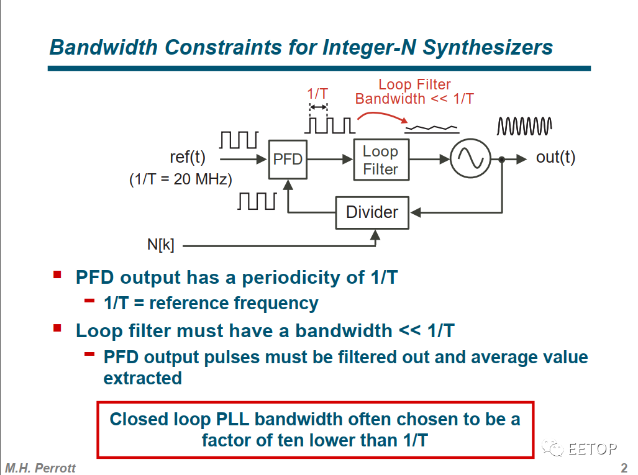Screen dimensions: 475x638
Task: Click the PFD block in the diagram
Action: pos(288,160)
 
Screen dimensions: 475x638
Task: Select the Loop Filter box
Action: pos(381,160)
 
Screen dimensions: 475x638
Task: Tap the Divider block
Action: pos(372,212)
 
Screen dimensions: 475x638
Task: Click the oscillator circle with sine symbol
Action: pos(470,160)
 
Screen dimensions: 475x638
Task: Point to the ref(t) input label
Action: pos(188,158)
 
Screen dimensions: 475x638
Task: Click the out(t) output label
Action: pos(555,158)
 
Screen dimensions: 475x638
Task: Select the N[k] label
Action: pos(160,245)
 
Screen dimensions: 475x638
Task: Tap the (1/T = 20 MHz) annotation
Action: pos(180,180)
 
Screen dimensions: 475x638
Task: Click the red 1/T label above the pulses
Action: pos(317,94)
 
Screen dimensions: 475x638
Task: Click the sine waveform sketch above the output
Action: pos(524,126)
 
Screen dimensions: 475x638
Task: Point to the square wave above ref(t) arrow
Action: pos(239,140)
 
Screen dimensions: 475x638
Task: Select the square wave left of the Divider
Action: pos(257,201)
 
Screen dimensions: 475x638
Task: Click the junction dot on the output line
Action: pos(501,160)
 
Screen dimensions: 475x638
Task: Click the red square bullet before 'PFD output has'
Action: pos(58,274)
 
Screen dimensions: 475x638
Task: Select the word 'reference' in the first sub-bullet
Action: pos(189,303)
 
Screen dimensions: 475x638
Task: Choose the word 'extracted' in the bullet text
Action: pos(143,378)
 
